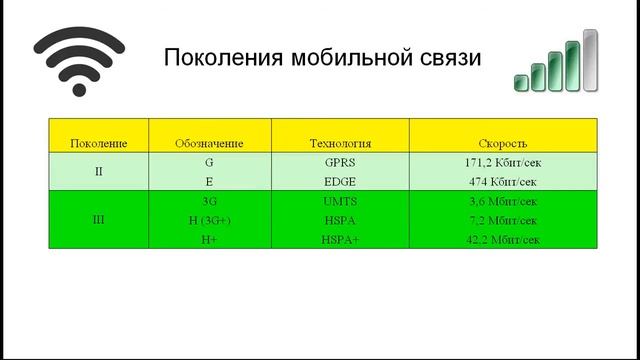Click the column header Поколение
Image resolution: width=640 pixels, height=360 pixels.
(x=98, y=143)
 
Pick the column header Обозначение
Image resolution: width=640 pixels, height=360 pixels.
(x=208, y=143)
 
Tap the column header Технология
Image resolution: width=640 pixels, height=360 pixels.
(x=340, y=143)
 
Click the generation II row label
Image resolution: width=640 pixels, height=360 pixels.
(x=98, y=171)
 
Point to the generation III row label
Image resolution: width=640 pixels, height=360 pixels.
(x=98, y=219)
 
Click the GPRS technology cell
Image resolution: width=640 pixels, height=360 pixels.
(x=340, y=161)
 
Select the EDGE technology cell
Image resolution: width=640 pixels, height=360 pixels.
(x=340, y=181)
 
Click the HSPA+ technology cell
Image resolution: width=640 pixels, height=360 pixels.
(x=340, y=239)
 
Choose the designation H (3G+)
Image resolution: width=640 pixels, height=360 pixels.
(x=208, y=219)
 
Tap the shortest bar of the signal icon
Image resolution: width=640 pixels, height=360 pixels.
(x=522, y=82)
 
